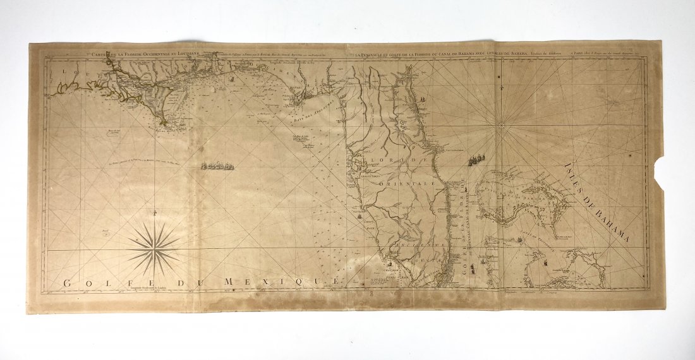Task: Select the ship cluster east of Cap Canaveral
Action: (478, 158)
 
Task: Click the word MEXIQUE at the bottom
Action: (292, 280)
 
